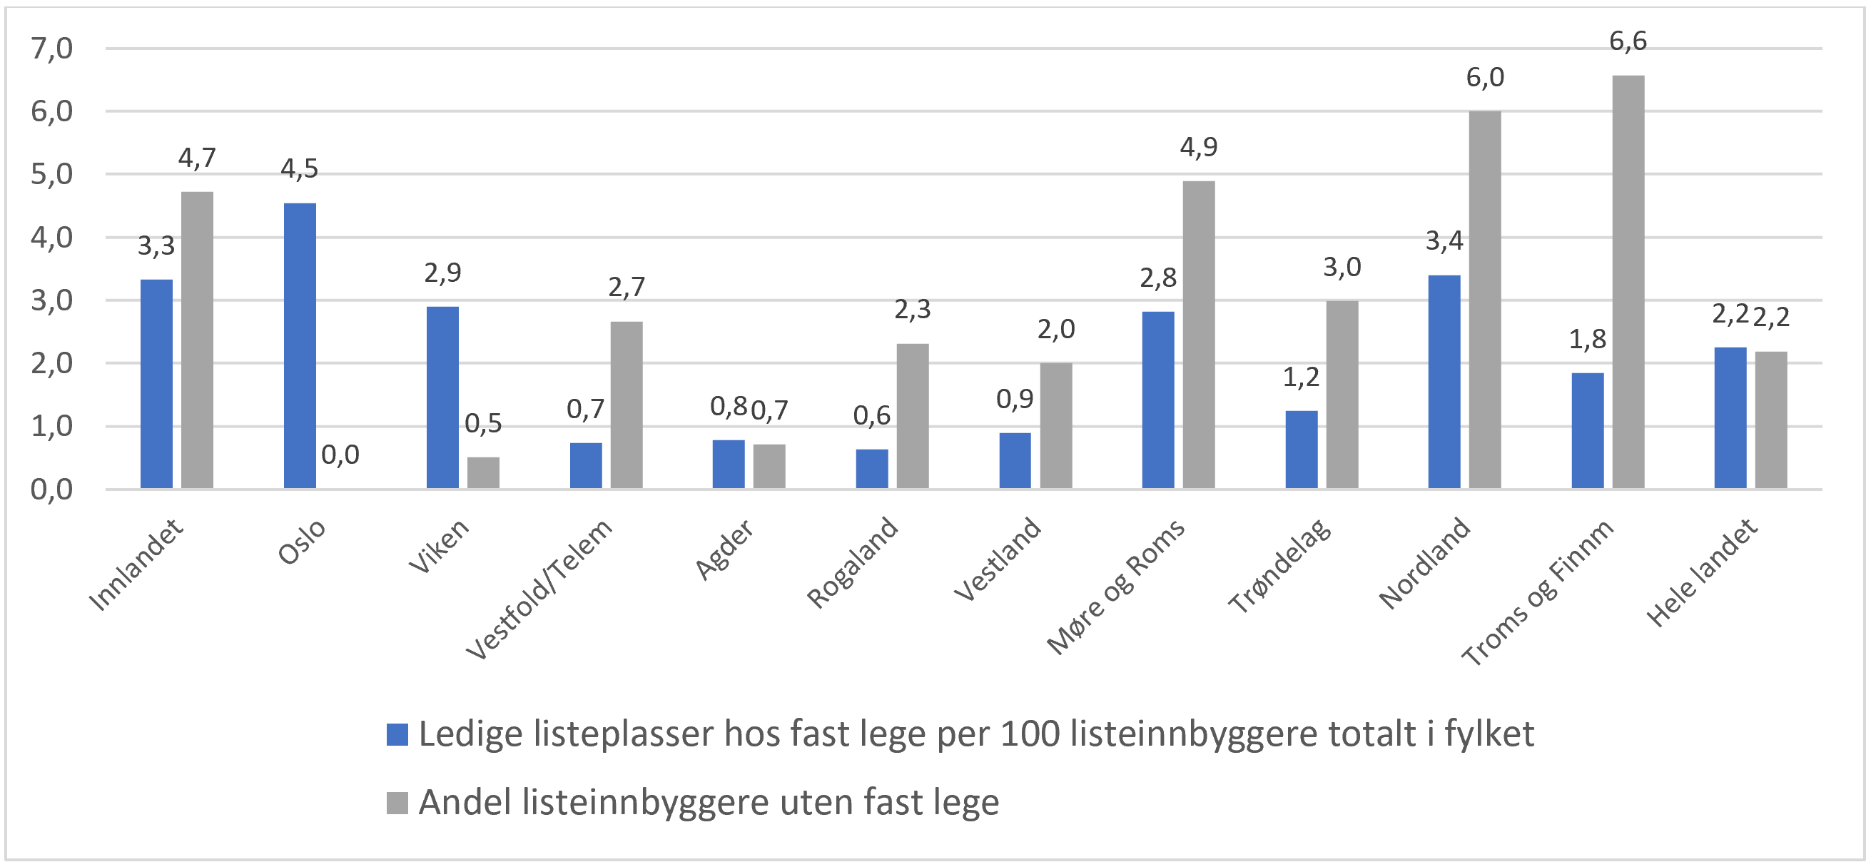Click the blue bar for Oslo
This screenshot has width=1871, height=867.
click(x=299, y=345)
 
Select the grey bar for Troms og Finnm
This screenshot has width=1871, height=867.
click(x=1628, y=282)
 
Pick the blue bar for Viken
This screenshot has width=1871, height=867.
click(x=442, y=397)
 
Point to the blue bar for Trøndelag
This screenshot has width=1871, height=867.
click(x=1301, y=450)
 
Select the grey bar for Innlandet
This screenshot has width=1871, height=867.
click(x=197, y=340)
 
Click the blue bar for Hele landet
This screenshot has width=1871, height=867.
click(x=1730, y=417)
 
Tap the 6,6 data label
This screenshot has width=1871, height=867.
click(x=1628, y=41)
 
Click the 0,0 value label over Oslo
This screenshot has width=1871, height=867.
click(x=340, y=455)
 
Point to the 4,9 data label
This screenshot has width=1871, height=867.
click(x=1198, y=148)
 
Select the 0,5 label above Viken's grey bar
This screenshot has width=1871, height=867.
click(x=483, y=423)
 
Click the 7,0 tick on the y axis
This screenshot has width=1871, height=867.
click(x=51, y=49)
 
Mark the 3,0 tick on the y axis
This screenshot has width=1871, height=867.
click(x=51, y=300)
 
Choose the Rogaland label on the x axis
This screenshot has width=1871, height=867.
click(x=853, y=562)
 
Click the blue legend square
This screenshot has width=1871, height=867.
click(x=397, y=734)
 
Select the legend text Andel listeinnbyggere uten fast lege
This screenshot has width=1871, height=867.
click(x=708, y=802)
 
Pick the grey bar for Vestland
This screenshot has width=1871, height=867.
click(x=1055, y=425)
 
